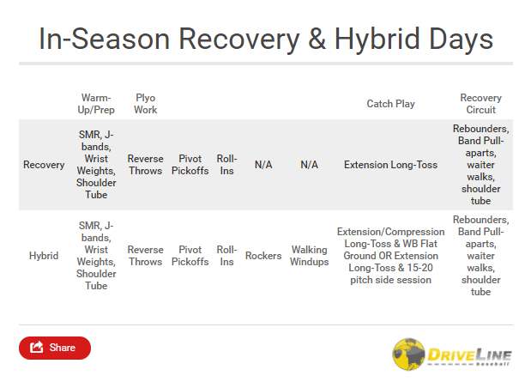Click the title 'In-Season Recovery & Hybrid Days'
click(266, 39)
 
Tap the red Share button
click(54, 348)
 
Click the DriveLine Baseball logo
click(451, 353)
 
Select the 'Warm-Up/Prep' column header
click(96, 104)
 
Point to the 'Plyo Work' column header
click(145, 104)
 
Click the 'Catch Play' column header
click(390, 104)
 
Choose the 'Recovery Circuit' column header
click(480, 104)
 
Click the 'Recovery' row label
click(44, 165)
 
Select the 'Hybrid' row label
click(44, 256)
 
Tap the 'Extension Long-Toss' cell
click(390, 165)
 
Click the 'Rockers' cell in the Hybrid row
click(263, 256)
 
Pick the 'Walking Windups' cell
click(309, 256)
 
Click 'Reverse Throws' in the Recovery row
click(145, 165)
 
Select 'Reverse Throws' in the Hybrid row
click(145, 256)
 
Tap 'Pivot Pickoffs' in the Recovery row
click(190, 165)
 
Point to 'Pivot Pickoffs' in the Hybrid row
click(190, 256)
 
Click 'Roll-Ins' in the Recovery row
click(226, 165)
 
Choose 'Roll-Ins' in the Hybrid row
click(226, 256)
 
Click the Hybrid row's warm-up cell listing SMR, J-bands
click(96, 256)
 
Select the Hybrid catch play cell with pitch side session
click(390, 256)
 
